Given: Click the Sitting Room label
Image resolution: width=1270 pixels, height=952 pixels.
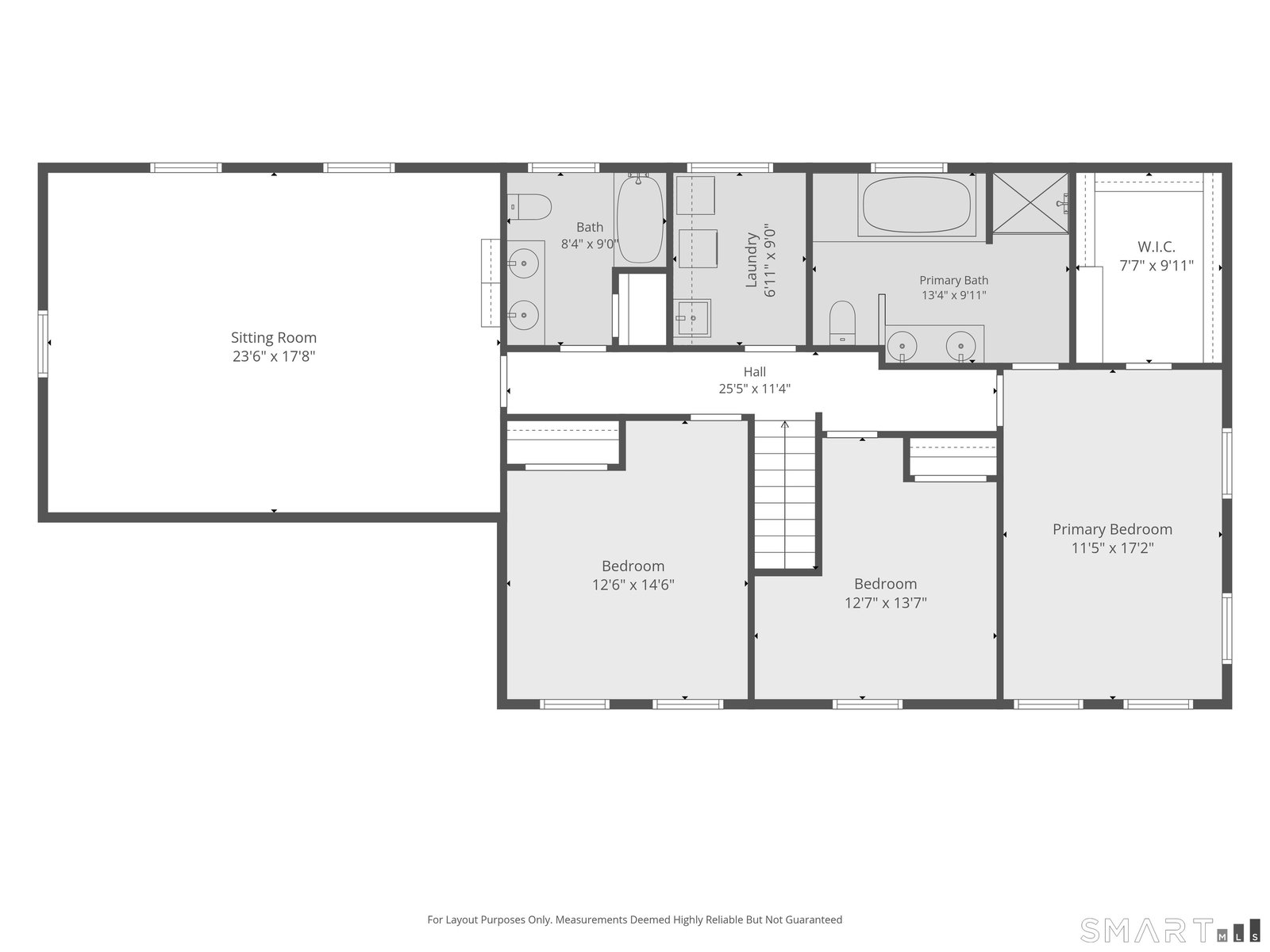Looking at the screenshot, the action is click(274, 338).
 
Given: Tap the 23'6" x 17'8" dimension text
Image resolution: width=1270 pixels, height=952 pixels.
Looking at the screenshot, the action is click(274, 356).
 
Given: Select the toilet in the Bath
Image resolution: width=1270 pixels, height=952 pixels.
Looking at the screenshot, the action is click(529, 207).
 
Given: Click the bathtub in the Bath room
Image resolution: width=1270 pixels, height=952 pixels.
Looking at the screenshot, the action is click(640, 219).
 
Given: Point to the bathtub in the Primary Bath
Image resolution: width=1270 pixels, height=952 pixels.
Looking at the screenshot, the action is click(917, 205).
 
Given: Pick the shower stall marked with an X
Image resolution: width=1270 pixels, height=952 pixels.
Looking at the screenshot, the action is click(1030, 203).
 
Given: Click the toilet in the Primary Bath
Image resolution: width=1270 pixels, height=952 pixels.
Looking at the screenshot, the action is click(842, 323).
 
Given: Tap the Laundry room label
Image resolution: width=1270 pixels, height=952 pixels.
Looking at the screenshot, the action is click(751, 260).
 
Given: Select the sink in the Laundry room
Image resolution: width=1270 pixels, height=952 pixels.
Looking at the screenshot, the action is click(692, 317).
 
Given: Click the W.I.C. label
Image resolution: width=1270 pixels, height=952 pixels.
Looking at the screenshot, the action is click(1156, 247).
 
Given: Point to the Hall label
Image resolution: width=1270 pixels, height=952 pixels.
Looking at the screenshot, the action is click(755, 371).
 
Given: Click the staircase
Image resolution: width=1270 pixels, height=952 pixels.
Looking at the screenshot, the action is click(784, 494).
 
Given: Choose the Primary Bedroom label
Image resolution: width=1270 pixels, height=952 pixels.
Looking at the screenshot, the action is click(1112, 529).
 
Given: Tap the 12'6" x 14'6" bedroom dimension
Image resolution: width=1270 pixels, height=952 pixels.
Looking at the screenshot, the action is click(633, 585).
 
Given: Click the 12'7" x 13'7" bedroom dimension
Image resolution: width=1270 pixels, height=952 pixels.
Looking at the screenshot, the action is click(885, 603).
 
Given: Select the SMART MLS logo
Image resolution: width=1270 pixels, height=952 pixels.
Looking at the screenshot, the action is click(1169, 930).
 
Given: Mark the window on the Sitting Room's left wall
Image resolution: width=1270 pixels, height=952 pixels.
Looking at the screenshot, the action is click(43, 344).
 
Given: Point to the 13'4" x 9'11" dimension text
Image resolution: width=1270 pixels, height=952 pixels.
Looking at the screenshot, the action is click(953, 295).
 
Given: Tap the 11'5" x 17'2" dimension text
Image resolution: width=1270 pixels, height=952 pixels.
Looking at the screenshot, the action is click(1112, 548).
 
